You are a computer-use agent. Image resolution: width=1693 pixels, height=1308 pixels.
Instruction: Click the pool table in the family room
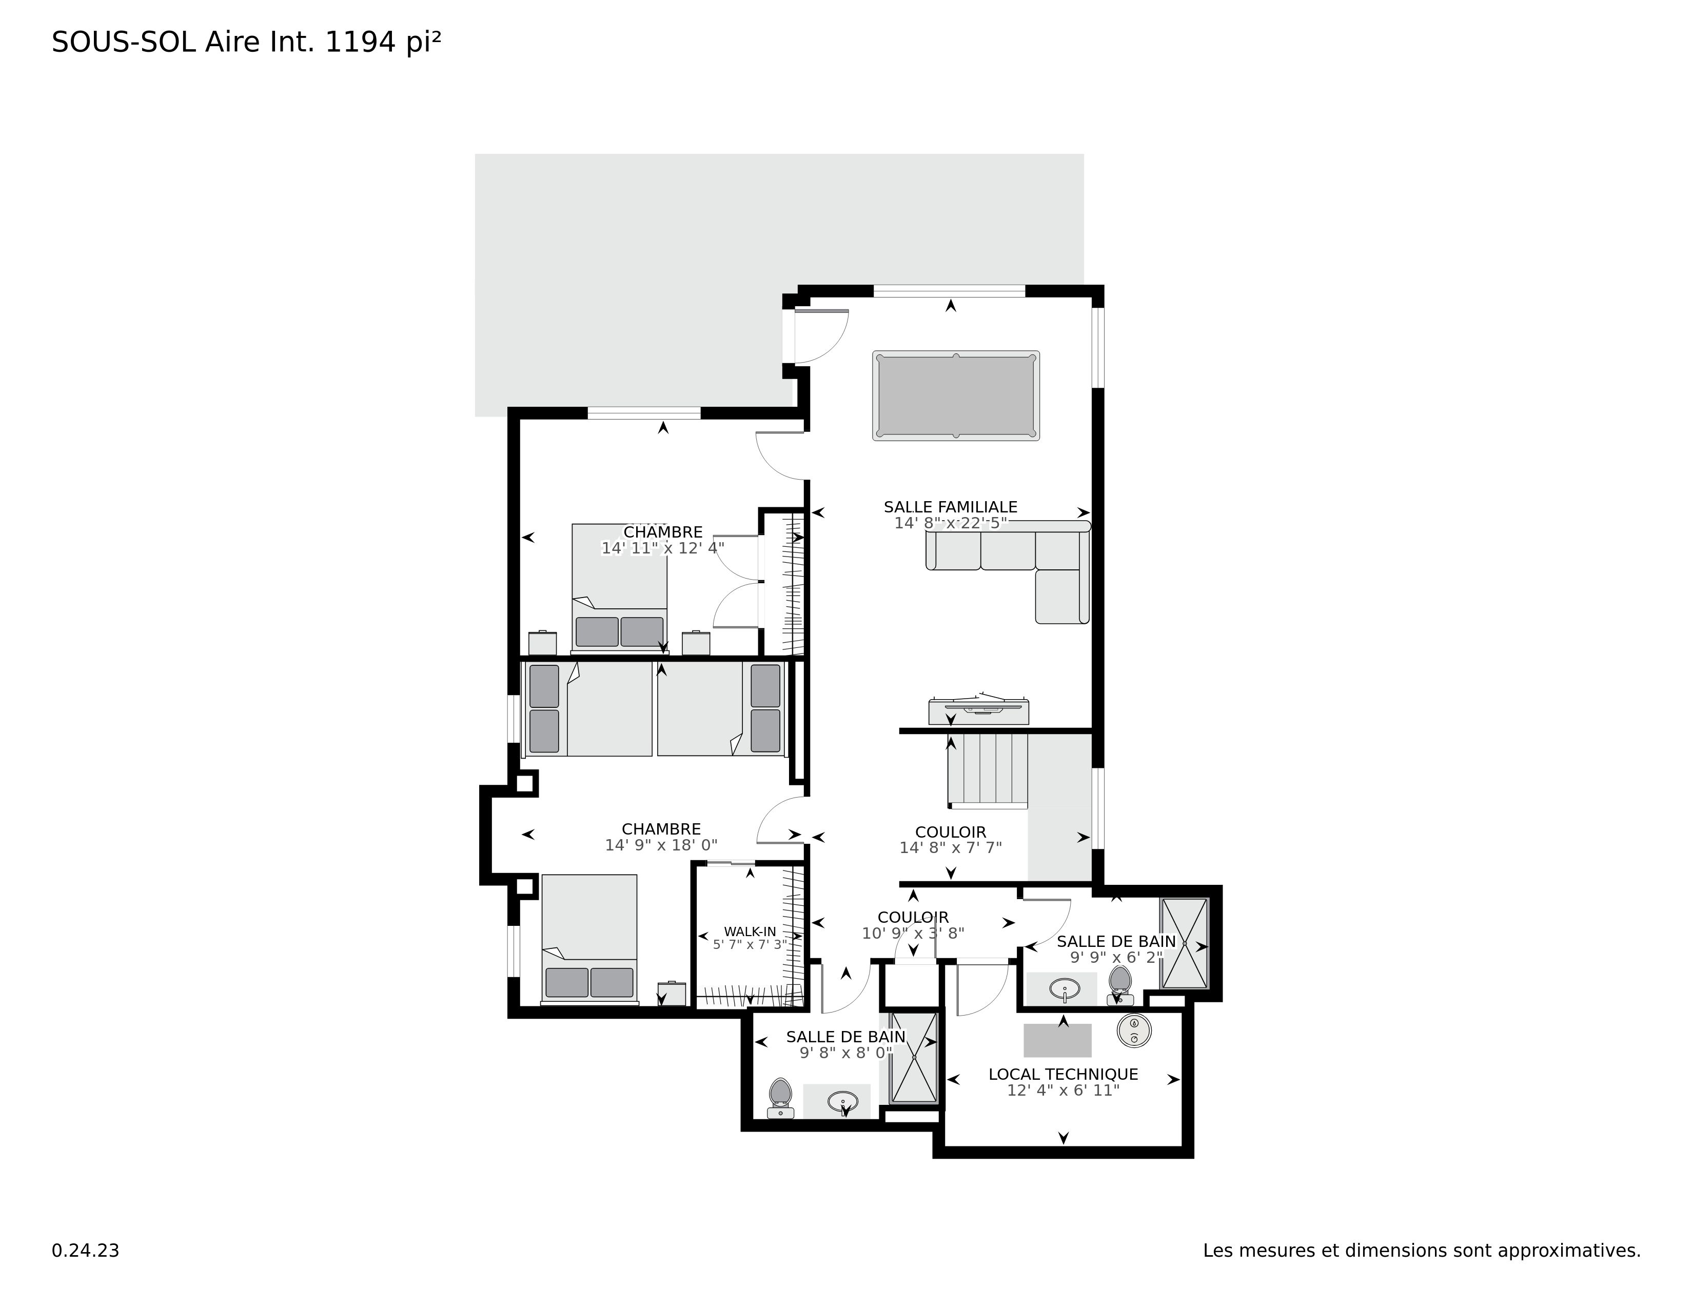(955, 396)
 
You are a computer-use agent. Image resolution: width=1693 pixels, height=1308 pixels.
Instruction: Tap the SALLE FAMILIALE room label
(950, 507)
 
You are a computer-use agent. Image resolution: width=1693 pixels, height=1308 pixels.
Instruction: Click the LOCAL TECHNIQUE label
(1063, 1074)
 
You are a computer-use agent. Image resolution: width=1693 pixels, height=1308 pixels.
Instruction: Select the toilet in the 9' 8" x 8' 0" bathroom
(780, 1097)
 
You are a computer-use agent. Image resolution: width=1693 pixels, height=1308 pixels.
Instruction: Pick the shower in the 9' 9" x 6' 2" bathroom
(1183, 943)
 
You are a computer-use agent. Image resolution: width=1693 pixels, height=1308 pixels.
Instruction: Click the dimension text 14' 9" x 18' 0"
(661, 845)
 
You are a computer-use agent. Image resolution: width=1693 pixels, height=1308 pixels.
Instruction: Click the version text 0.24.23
(85, 1251)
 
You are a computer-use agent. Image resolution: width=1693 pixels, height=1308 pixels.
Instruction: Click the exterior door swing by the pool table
(820, 335)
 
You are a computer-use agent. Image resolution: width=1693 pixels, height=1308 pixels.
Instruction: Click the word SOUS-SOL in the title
(123, 43)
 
